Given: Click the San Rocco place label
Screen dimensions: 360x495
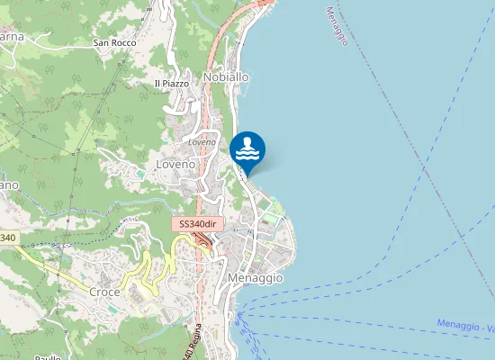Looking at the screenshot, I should point(114,42).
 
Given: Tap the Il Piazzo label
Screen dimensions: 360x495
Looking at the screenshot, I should point(172,84).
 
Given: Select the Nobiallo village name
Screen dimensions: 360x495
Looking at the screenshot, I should point(226,77).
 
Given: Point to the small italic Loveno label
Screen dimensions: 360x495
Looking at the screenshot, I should point(202,142).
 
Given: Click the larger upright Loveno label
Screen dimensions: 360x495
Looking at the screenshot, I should point(175,165).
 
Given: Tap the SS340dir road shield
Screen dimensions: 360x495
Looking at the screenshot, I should point(198,224).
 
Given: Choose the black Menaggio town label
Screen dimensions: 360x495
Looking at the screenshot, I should point(256,278).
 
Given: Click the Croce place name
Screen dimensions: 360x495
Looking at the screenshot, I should point(105,292).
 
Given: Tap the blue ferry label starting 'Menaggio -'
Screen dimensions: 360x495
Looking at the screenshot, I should point(464,325).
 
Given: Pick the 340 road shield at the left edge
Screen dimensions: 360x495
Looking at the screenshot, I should point(7,238).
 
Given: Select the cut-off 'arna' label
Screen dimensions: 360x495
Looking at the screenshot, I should point(11,37).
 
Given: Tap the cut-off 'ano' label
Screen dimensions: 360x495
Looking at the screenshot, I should point(8,184).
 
